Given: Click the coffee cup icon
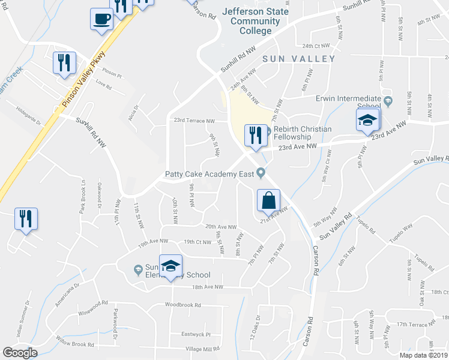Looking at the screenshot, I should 101,18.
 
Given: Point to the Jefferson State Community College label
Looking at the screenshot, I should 255,21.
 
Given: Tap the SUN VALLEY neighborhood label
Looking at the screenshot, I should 298,59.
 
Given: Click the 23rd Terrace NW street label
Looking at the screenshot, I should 194,121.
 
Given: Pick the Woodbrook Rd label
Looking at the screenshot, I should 187,305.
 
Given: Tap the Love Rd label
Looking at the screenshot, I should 104,87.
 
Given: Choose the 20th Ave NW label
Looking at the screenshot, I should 221,227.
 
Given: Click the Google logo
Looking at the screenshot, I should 20,353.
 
